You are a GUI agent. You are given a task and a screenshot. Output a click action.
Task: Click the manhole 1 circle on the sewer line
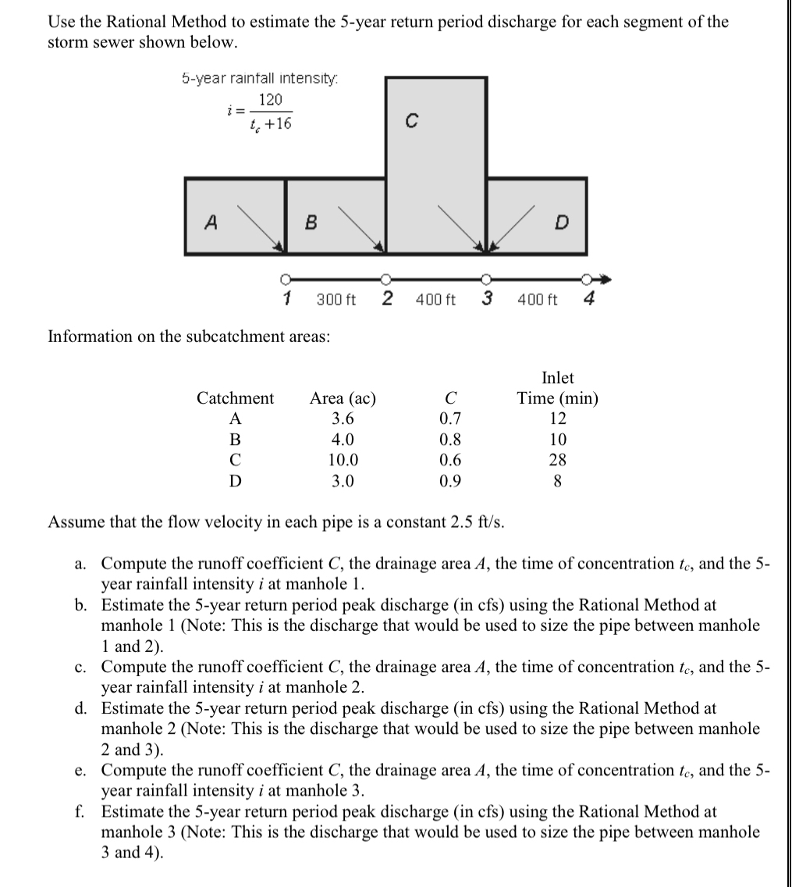(286, 277)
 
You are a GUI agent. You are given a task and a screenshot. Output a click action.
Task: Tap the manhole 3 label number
(486, 298)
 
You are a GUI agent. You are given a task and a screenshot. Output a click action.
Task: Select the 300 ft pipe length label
(336, 299)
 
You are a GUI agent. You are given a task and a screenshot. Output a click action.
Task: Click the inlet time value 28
(557, 460)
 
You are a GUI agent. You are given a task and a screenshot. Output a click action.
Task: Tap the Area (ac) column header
(343, 398)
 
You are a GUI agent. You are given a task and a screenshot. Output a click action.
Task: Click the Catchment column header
(235, 398)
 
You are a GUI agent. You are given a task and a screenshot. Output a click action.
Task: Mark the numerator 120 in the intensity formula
(271, 100)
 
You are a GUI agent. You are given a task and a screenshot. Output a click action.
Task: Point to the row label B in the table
(234, 440)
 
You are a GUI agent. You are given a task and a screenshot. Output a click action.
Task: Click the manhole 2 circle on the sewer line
(385, 277)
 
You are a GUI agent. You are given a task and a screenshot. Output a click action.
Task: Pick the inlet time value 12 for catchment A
(557, 419)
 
